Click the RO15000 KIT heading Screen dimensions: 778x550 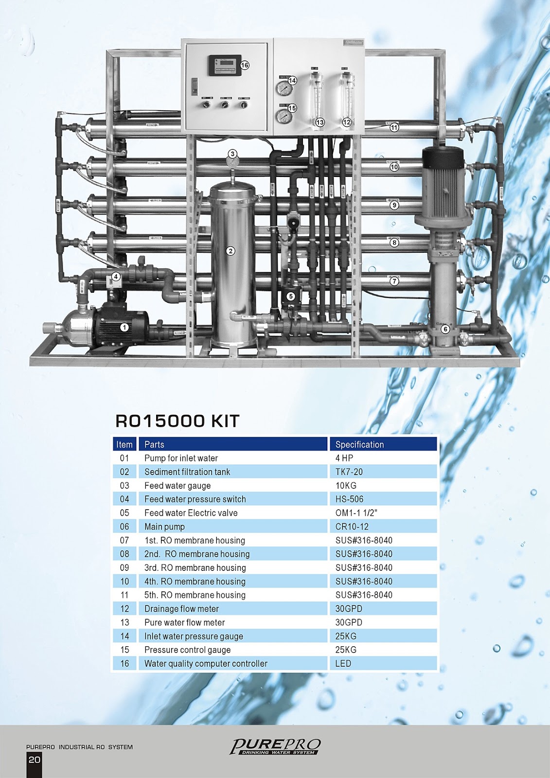pyautogui.click(x=177, y=421)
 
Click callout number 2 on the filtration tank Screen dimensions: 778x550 pyautogui.click(x=231, y=251)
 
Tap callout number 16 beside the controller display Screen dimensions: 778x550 pyautogui.click(x=245, y=65)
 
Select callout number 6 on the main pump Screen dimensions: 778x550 pyautogui.click(x=445, y=329)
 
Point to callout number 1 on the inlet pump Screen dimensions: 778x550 pyautogui.click(x=124, y=327)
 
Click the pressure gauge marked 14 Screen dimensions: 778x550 pyautogui.click(x=282, y=88)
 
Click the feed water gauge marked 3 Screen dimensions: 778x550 pyautogui.click(x=232, y=160)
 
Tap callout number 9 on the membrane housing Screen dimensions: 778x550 pyautogui.click(x=394, y=205)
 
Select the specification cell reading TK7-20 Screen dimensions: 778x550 pyautogui.click(x=349, y=472)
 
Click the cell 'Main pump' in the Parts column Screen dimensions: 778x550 pyautogui.click(x=164, y=527)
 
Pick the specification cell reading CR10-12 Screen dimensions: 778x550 pyautogui.click(x=352, y=527)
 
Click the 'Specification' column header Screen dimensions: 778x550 pyautogui.click(x=359, y=444)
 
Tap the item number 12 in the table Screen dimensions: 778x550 pyautogui.click(x=124, y=609)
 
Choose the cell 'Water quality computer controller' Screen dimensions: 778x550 pyautogui.click(x=206, y=663)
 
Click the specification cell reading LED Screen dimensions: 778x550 pyautogui.click(x=343, y=663)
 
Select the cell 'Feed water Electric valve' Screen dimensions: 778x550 pyautogui.click(x=191, y=513)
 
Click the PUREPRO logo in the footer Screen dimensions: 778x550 pyautogui.click(x=275, y=746)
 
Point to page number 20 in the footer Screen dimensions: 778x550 pyautogui.click(x=35, y=760)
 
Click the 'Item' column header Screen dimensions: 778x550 pyautogui.click(x=124, y=444)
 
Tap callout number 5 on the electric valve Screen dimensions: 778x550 pyautogui.click(x=291, y=296)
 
